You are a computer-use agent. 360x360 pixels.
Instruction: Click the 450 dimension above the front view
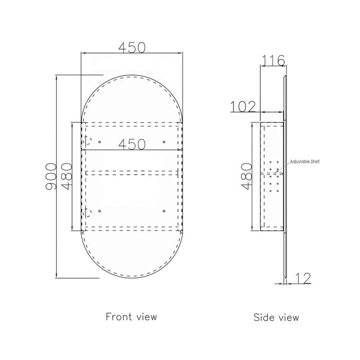[132, 47]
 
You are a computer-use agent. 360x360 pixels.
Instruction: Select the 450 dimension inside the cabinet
[132, 145]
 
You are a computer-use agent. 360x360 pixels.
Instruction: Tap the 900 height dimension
[51, 176]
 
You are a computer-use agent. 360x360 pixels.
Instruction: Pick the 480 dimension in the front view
[67, 176]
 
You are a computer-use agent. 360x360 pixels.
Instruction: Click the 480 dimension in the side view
[247, 176]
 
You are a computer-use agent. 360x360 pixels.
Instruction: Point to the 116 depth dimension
[273, 61]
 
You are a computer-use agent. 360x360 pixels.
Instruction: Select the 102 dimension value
[243, 106]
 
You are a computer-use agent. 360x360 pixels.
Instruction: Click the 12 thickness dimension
[303, 278]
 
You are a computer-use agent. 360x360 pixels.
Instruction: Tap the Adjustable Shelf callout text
[304, 161]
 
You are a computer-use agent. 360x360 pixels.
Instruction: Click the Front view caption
[131, 317]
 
